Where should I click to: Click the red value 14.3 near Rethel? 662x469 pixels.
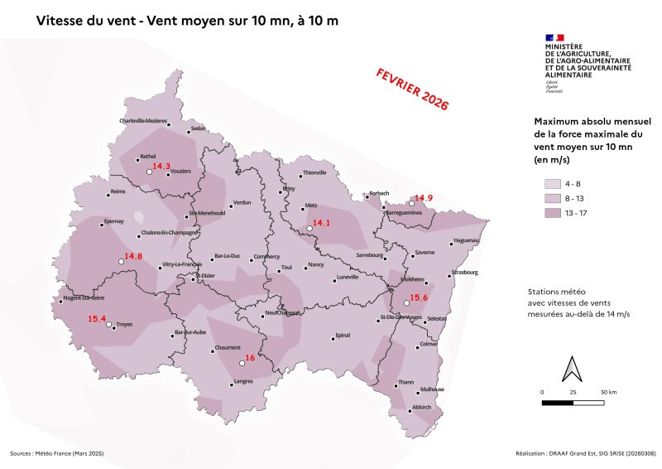pos(161,167)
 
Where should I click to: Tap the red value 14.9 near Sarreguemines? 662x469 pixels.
pos(424,198)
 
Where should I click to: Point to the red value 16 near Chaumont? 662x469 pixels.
pos(249,358)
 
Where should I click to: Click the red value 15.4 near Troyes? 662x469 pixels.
pos(98,319)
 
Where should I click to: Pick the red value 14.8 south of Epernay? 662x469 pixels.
pos(133,257)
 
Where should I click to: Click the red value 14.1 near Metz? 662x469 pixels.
pos(320,223)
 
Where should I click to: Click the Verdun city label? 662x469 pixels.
pos(242,202)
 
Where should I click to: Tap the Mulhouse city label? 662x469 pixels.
pos(432,389)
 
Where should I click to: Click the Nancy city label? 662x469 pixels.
pos(315,265)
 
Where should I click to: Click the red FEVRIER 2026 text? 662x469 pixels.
pos(411,89)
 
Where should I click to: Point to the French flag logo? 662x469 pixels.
pos(554,37)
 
